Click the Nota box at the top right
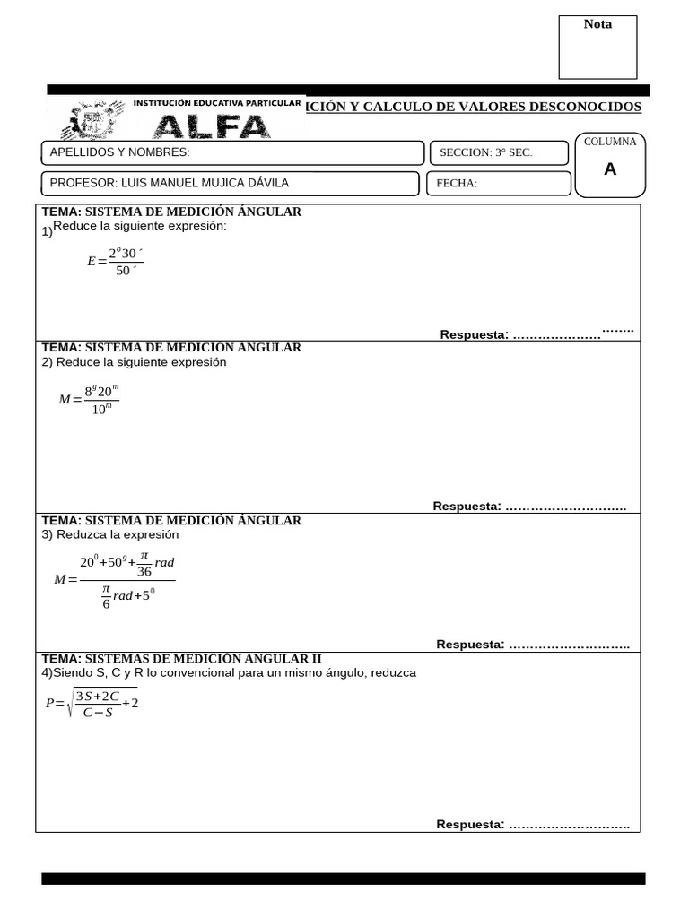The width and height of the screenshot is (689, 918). pos(597,47)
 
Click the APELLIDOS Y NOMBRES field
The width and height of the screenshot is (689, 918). pos(232,152)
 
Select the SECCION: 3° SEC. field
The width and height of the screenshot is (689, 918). pos(499,152)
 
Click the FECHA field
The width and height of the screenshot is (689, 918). pos(499,184)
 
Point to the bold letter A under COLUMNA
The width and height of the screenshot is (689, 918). pos(610,169)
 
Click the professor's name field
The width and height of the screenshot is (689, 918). pos(231,184)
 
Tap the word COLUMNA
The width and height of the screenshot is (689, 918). pos(610,142)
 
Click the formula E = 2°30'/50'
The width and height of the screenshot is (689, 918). pos(115,261)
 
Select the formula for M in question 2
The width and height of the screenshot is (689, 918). pos(89,399)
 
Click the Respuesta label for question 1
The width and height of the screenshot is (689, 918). pos(474,334)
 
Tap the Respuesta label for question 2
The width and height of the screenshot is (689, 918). pos(467,507)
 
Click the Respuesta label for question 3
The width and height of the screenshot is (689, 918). pos(470,645)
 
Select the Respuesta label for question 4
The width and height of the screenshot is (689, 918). pos(470,825)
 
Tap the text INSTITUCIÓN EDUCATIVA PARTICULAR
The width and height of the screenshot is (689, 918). pos(216,104)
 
